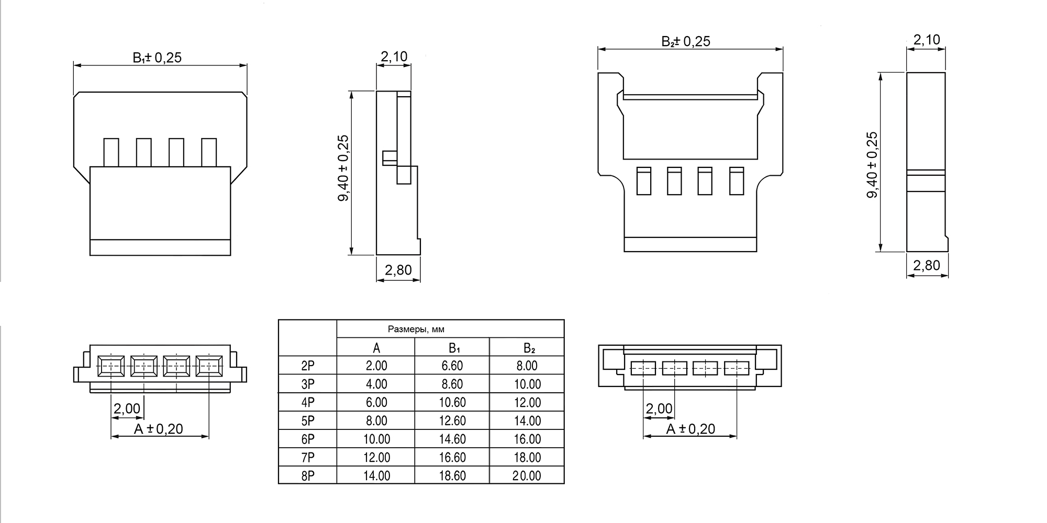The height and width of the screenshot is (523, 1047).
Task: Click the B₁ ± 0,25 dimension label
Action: coord(157,57)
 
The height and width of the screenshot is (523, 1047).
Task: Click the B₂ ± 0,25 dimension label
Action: coord(686,41)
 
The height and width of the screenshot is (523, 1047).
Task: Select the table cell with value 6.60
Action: coord(452,366)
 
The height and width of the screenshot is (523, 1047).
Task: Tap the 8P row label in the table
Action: coord(308,475)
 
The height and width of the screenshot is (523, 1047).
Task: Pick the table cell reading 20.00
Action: coord(527,475)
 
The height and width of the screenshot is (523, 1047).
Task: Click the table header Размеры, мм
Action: coord(416,329)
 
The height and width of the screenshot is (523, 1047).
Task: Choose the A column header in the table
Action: coord(376,348)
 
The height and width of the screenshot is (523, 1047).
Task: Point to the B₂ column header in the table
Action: coord(529,348)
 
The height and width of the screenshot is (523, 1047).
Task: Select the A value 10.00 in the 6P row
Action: coord(376,439)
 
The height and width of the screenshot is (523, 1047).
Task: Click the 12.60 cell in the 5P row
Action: coord(452,420)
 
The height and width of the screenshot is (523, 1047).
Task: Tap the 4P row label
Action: coord(308,402)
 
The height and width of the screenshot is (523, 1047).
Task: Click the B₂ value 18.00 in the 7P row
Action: coord(527,457)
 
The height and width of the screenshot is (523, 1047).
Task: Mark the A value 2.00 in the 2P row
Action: coord(376,366)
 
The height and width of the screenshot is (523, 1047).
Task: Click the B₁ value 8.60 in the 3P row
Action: coord(452,384)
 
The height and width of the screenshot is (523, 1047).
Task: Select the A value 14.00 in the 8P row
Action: coord(376,475)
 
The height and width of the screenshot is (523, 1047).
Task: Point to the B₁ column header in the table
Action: coord(454,348)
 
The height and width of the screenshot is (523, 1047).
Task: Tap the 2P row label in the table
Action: coord(308,366)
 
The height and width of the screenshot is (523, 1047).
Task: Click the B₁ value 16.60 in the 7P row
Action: coord(452,457)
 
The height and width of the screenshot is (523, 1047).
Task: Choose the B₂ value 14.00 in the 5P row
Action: coord(527,420)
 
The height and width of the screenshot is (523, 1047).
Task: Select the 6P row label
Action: coord(308,439)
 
